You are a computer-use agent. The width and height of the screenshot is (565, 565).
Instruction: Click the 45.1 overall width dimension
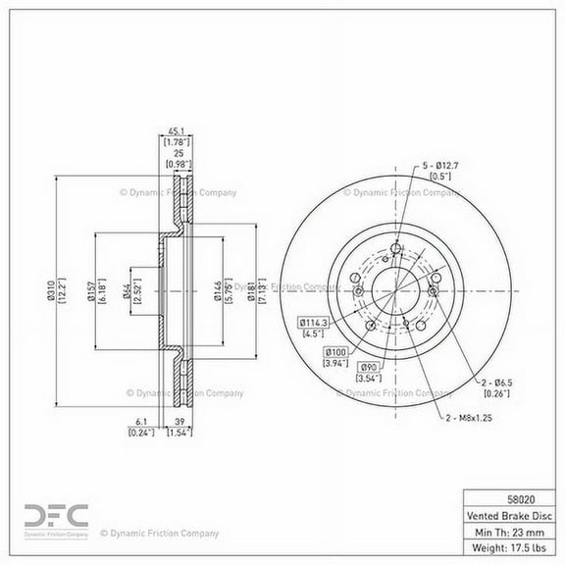point(177,138)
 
